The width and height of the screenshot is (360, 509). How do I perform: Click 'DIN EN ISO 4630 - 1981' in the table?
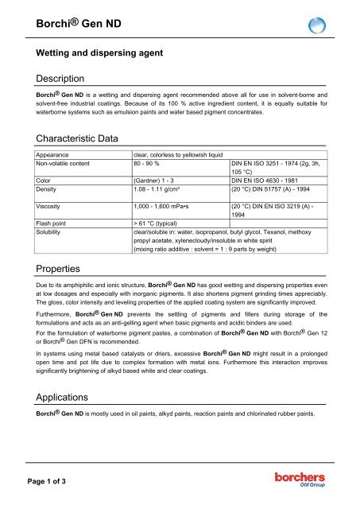pos(273,181)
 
